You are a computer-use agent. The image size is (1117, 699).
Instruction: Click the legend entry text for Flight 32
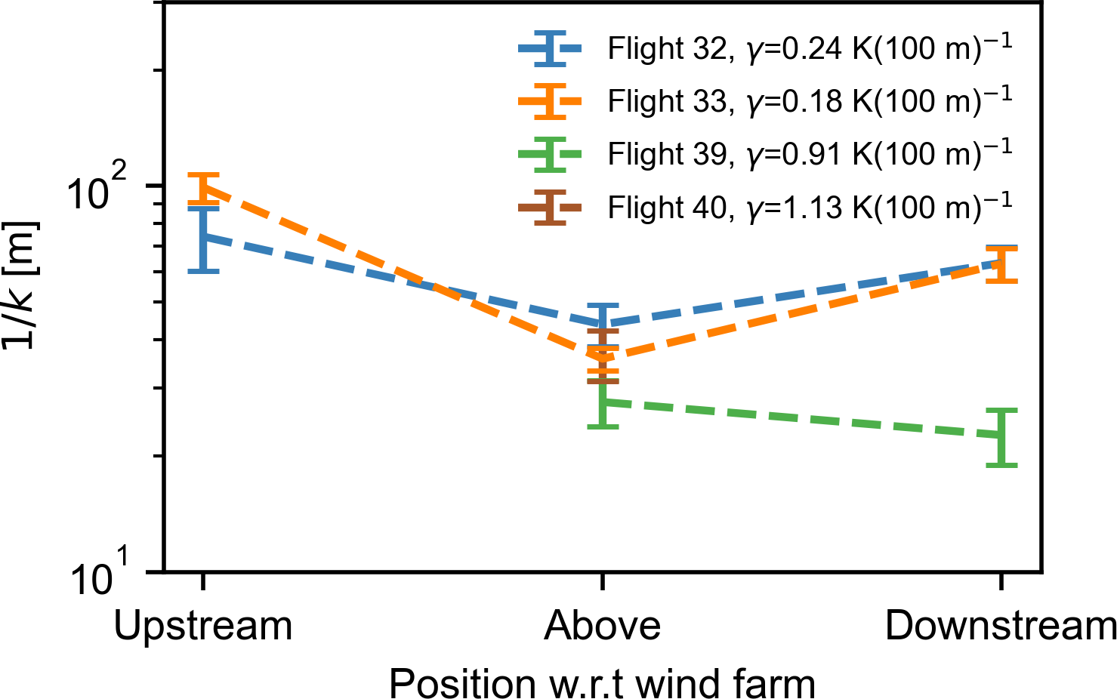click(x=809, y=49)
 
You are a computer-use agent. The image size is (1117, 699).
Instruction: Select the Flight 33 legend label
click(x=809, y=101)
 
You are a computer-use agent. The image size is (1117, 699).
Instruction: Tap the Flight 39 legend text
click(x=809, y=154)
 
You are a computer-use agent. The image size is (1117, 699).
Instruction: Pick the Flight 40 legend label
click(x=809, y=207)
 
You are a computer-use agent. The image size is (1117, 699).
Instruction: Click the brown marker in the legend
click(x=551, y=207)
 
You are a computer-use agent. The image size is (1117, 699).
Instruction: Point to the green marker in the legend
click(x=551, y=154)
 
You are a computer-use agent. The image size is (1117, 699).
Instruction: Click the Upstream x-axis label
click(x=203, y=626)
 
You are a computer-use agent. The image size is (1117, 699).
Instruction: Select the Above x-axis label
click(x=602, y=626)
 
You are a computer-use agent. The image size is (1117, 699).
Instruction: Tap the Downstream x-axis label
click(x=1000, y=626)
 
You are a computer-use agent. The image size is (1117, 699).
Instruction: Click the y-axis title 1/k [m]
click(x=20, y=285)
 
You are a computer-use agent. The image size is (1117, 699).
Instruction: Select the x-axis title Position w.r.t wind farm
click(x=602, y=683)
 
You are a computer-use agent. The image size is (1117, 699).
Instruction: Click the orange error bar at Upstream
click(x=203, y=188)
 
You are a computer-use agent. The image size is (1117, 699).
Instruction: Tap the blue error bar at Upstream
click(x=203, y=239)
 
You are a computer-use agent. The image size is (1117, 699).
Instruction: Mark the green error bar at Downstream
click(x=1001, y=437)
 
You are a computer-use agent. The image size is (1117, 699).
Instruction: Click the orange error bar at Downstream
click(x=1001, y=265)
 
